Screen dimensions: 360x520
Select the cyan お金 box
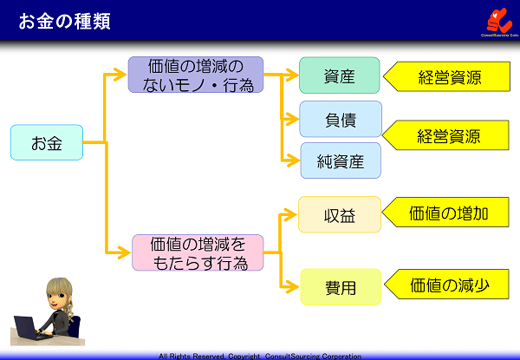pyautogui.click(x=47, y=142)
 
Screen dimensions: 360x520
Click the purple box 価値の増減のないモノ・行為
pyautogui.click(x=195, y=75)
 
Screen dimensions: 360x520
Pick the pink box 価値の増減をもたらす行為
pyautogui.click(x=198, y=252)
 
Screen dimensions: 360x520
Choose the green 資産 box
pyautogui.click(x=339, y=75)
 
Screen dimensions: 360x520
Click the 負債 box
pyautogui.click(x=340, y=119)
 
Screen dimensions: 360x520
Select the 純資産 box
pyautogui.click(x=340, y=160)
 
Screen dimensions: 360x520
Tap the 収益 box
pyautogui.click(x=339, y=214)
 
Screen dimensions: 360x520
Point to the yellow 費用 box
pyautogui.click(x=340, y=287)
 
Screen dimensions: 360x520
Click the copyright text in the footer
pyautogui.click(x=260, y=356)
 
